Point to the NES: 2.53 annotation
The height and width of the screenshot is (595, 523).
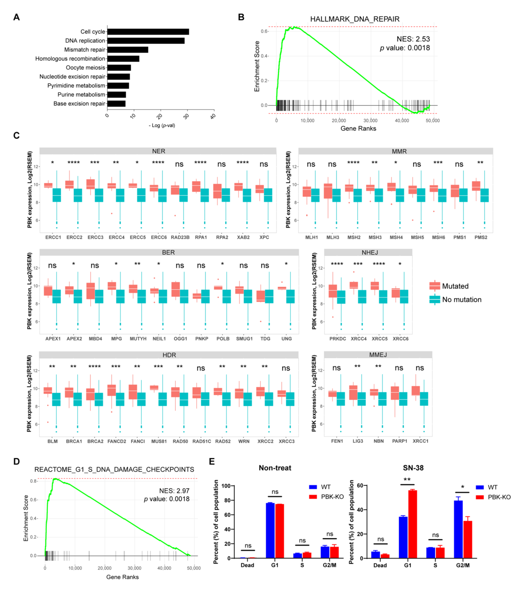click(413, 39)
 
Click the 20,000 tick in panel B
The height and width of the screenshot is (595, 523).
click(339, 120)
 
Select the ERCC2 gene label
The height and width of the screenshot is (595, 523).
click(74, 237)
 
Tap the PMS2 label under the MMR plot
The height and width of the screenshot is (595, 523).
click(481, 237)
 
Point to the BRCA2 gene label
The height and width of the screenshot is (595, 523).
click(95, 441)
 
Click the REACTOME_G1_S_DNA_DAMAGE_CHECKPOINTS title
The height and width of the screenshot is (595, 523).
click(114, 470)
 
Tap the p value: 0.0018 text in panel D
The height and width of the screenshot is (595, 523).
click(167, 499)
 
